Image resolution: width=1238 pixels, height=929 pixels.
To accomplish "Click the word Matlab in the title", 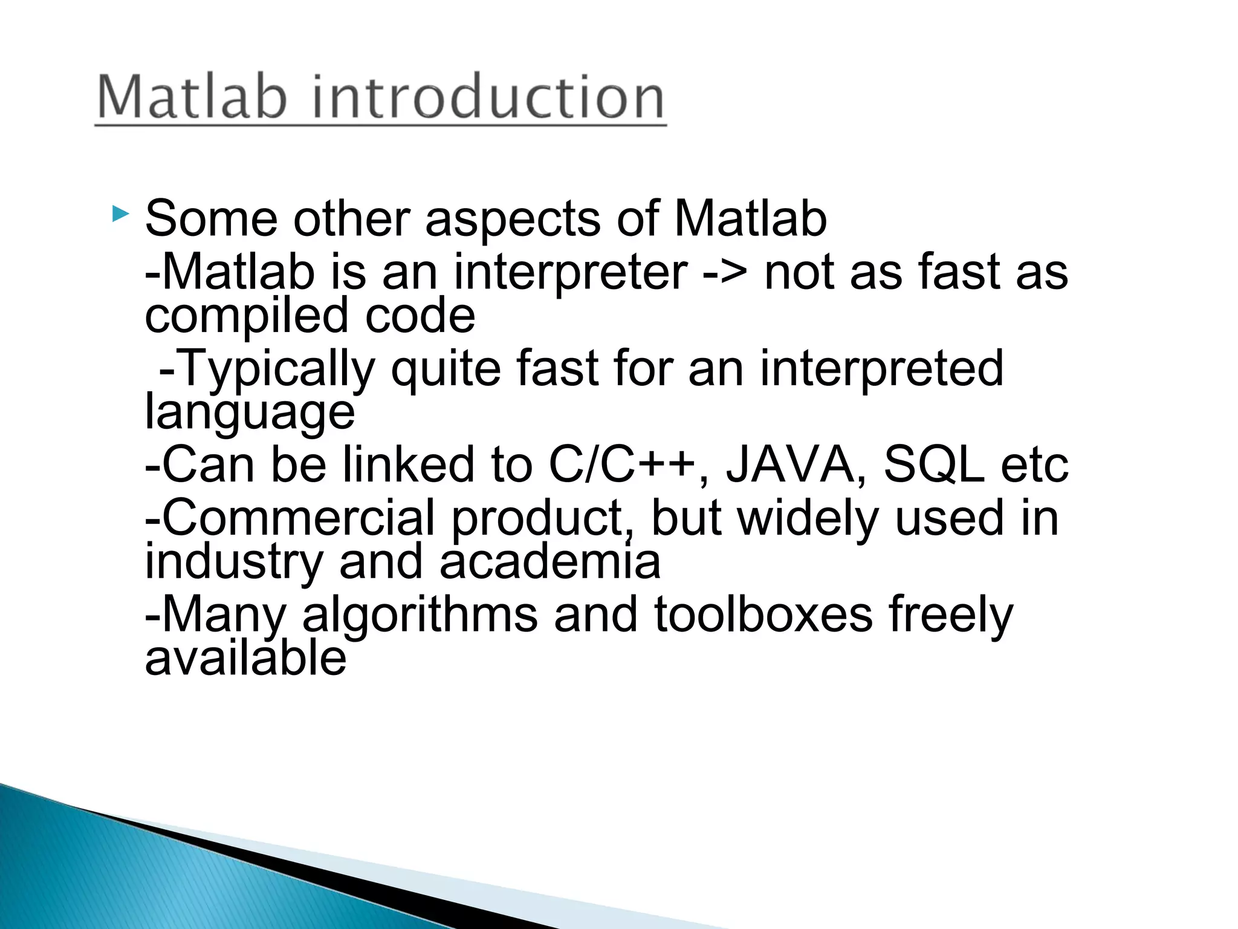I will (192, 97).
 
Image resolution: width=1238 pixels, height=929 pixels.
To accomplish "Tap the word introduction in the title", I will (488, 97).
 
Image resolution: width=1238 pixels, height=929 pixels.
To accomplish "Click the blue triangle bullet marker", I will (120, 214).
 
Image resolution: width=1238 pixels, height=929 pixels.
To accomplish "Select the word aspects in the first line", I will (513, 219).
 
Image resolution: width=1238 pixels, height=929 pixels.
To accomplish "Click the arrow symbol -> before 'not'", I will (725, 273).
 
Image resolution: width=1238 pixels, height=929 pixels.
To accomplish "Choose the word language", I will (250, 413).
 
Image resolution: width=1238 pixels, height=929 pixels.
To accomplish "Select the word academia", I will (549, 561).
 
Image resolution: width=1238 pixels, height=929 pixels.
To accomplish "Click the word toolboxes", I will (763, 614).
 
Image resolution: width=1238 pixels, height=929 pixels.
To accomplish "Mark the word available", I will (245, 658).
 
